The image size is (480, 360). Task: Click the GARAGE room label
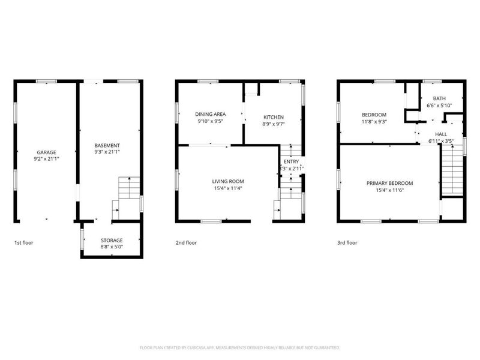(x=46, y=152)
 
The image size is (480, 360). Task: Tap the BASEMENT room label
(x=107, y=145)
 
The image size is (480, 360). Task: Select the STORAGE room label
(x=111, y=239)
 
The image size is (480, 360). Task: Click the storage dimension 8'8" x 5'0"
(x=111, y=247)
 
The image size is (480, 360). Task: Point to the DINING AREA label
(x=211, y=113)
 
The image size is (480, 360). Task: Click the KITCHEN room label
(x=273, y=117)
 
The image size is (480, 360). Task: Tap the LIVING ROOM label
(x=227, y=181)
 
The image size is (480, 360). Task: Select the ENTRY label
(x=290, y=161)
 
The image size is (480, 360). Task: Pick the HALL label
(x=440, y=134)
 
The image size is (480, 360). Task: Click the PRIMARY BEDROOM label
(x=389, y=183)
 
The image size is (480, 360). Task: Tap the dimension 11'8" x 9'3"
(x=374, y=122)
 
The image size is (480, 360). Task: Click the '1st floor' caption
(x=24, y=243)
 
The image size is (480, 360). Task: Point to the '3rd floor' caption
(x=347, y=243)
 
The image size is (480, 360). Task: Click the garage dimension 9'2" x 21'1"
(x=46, y=160)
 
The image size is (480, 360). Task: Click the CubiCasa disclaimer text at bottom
(x=240, y=347)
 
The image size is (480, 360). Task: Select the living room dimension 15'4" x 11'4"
(x=227, y=188)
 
